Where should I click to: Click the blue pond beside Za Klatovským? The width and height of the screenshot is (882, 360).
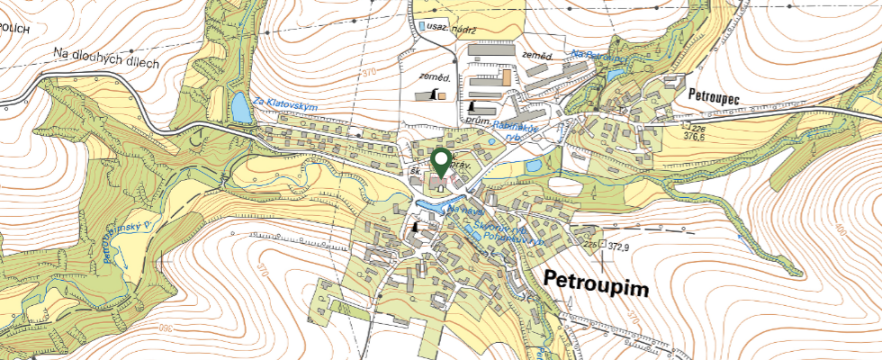241,108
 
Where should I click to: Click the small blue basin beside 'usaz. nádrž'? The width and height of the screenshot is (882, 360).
422,27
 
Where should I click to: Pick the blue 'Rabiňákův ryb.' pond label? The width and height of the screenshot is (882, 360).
516,131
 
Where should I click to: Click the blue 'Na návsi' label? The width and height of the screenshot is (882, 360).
464,209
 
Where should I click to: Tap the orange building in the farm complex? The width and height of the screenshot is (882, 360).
506,77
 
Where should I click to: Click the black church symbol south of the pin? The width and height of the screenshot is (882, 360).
416,229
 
